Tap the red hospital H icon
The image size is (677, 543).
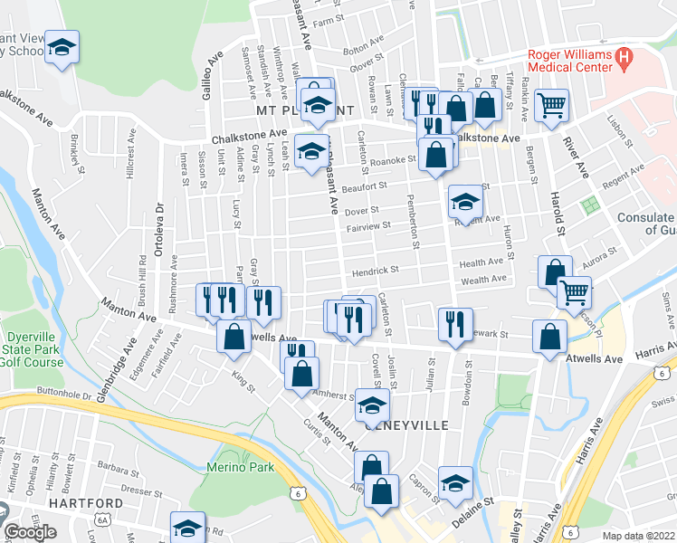pyautogui.click(x=623, y=58)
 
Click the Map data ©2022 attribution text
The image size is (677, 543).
pyautogui.click(x=639, y=536)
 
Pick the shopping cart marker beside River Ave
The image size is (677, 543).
pyautogui.click(x=551, y=105)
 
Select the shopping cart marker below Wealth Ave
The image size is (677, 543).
pyautogui.click(x=574, y=292)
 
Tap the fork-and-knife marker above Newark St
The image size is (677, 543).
pyautogui.click(x=455, y=324)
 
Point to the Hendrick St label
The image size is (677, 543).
pyautogui.click(x=376, y=270)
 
